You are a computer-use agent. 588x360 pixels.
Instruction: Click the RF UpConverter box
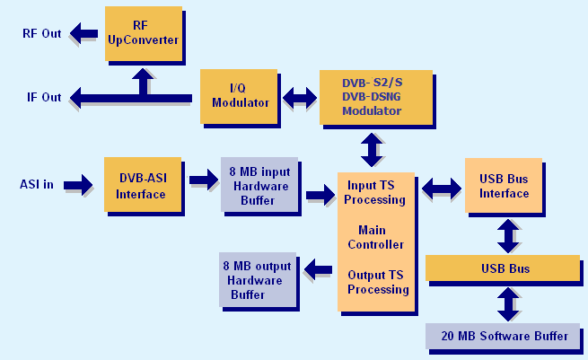tap(143, 33)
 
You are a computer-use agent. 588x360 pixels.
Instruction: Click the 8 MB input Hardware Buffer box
tap(259, 184)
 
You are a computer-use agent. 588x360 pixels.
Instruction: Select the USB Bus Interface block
tap(504, 186)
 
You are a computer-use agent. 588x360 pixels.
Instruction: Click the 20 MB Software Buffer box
tap(504, 336)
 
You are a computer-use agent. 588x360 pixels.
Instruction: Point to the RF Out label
tap(42, 34)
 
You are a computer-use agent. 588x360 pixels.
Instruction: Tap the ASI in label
tap(37, 185)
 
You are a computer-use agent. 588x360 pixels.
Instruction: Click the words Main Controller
tap(375, 237)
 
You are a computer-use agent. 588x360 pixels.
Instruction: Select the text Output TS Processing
tap(378, 282)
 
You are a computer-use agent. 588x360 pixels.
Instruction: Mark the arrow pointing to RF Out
tap(85, 34)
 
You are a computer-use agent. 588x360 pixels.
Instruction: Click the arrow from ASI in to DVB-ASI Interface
tap(78, 185)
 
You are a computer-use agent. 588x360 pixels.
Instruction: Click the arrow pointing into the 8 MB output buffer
tap(318, 268)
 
